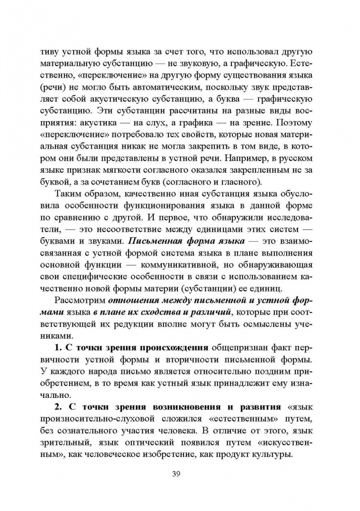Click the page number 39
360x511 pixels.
pos(180,475)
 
